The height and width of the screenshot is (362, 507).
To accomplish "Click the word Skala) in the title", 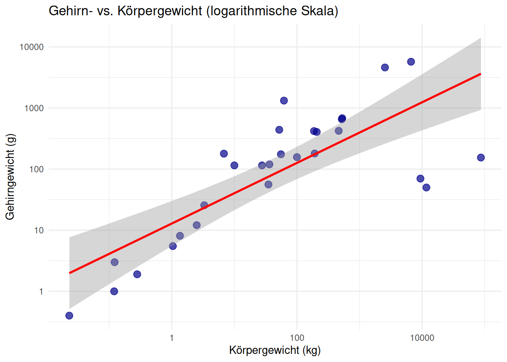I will coord(320,11).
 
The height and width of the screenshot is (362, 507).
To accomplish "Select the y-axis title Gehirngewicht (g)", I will coord(10,176).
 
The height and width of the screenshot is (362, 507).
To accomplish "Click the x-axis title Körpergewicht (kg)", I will coord(275,350).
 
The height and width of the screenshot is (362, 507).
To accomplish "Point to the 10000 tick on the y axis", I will coord(32,47).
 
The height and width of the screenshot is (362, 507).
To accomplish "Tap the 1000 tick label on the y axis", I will coord(34,108).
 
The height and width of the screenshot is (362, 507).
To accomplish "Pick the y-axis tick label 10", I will coord(39,230).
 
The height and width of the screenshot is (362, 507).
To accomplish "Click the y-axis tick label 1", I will coord(41,291).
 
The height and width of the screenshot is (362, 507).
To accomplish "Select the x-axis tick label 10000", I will coord(422,338).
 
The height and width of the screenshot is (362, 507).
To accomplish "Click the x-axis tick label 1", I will coord(172,338).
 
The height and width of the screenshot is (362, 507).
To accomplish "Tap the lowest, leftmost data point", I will coord(69,316).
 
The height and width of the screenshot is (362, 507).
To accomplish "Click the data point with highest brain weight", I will coord(411,62).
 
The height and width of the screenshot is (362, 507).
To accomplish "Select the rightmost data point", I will coord(481,158).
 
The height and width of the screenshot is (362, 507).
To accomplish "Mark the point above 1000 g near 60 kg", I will coord(284,101).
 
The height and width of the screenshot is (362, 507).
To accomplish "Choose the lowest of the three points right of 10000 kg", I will coord(426,187).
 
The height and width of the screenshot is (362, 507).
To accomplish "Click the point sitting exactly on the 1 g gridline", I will coord(114,291).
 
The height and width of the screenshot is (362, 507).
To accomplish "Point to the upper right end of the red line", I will coord(481,74).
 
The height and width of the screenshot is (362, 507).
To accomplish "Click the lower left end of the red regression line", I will coord(70,273).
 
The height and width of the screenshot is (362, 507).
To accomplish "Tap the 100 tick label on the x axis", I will coord(297,338).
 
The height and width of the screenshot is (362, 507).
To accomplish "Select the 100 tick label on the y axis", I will coord(37,169).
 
